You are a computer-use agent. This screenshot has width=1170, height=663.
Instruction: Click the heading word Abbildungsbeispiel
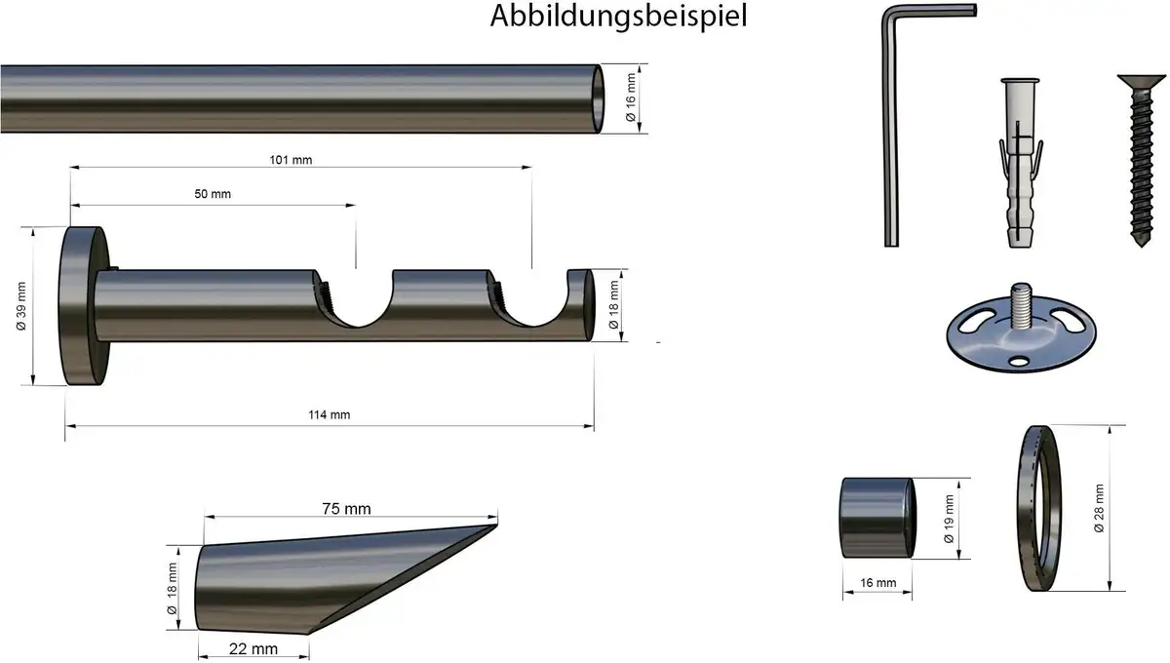tap(618, 17)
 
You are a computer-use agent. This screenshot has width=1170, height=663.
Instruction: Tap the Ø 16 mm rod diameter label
tap(631, 97)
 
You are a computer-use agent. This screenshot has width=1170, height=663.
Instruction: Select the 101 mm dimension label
tap(291, 160)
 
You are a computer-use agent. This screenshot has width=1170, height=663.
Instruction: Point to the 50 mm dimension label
tap(213, 194)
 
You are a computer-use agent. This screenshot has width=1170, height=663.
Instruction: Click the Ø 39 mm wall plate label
tap(21, 306)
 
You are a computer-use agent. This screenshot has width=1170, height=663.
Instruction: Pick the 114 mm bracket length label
tap(330, 414)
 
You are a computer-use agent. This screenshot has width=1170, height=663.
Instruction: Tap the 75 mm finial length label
tap(346, 508)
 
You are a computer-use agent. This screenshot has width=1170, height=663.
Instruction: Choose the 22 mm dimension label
tap(253, 649)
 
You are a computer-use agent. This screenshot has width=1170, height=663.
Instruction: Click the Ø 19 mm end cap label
tap(949, 519)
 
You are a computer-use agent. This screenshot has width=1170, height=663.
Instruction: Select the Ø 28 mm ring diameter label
tap(1099, 508)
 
